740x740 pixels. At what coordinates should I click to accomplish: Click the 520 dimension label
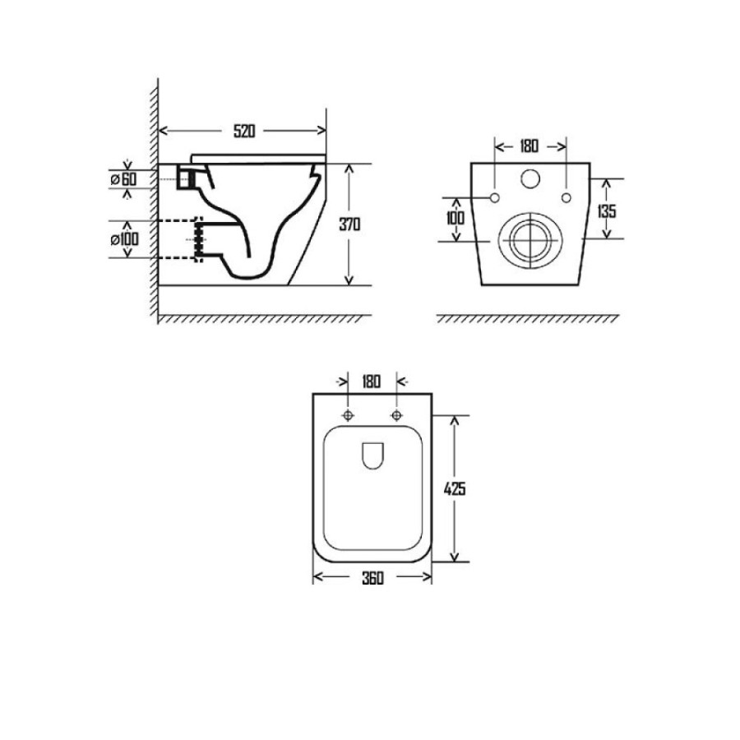[x=244, y=131]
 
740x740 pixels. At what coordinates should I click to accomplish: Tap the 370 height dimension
[x=349, y=224]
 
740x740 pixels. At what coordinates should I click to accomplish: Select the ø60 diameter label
[x=123, y=179]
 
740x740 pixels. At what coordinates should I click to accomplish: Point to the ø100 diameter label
[x=125, y=239]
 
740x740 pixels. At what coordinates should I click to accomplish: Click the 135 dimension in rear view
[x=607, y=211]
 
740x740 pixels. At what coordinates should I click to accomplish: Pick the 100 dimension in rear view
[x=456, y=218]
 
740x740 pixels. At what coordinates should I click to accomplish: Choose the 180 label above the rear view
[x=529, y=146]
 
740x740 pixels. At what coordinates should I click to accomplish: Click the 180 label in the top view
[x=372, y=382]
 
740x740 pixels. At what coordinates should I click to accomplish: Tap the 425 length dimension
[x=455, y=489]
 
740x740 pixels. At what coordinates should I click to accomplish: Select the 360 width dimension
[x=372, y=578]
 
